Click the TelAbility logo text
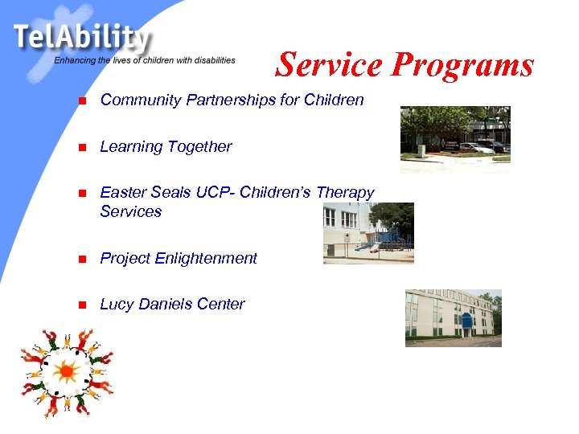pos(80,37)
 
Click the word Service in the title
pos(329,64)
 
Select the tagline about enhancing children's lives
pos(145,60)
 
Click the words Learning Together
pos(166,146)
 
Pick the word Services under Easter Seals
pos(130,211)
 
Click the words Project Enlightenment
pos(179,258)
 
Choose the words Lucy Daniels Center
pos(172,304)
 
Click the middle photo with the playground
pos(368,233)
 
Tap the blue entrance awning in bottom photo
pos(466,321)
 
